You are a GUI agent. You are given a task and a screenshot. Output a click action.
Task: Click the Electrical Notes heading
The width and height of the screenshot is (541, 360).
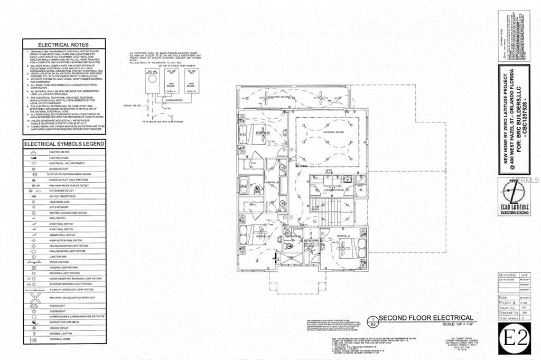coord(64,45)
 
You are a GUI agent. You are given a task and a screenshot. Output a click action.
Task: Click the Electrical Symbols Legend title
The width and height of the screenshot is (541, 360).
coord(64,144)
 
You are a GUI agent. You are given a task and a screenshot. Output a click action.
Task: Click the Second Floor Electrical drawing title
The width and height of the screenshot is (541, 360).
coord(425,318)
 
